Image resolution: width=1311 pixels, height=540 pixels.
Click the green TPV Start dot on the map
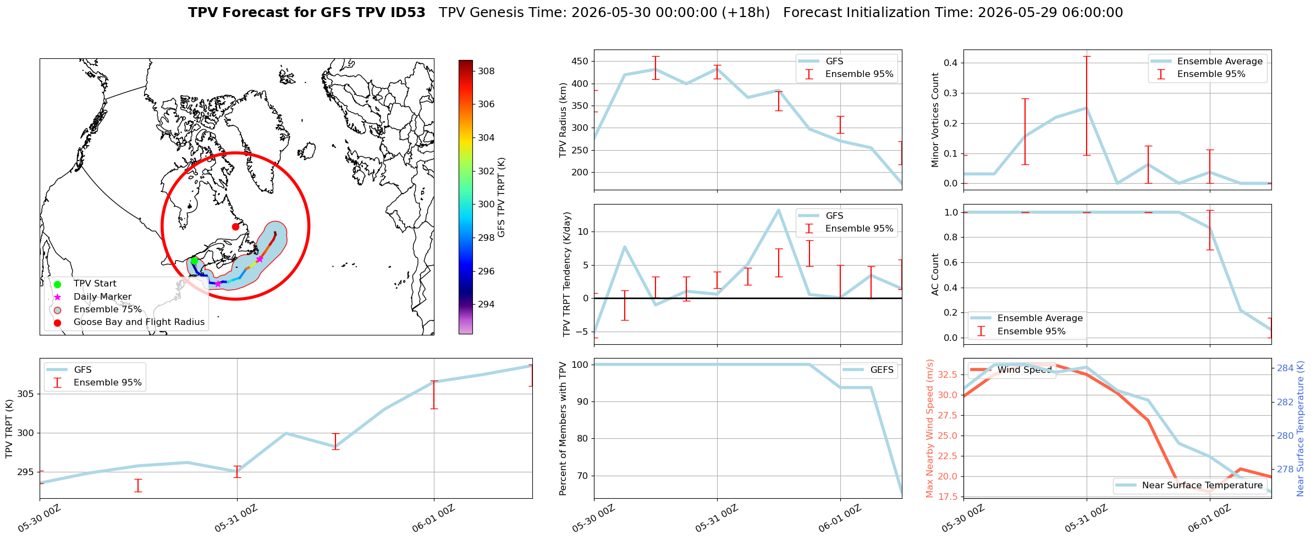194,261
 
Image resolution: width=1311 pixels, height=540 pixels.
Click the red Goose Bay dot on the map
235,227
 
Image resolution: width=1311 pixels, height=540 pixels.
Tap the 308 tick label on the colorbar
486,71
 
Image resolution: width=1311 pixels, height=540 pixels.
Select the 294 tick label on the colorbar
486,304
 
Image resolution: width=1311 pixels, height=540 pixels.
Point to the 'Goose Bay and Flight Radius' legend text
139,322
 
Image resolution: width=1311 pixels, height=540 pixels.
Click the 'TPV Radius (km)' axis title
563,120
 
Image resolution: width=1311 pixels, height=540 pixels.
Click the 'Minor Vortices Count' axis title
935,120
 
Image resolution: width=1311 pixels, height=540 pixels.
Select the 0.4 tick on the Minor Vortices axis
951,63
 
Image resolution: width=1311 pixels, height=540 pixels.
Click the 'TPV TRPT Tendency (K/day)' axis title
567,274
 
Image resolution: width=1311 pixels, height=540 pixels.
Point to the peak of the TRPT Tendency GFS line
778,210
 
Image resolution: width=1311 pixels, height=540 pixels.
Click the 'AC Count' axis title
935,274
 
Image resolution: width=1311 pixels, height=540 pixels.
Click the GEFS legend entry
869,370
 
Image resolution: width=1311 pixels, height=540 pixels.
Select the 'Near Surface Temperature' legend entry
1189,485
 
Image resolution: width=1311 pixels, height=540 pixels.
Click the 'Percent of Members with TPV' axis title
563,428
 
